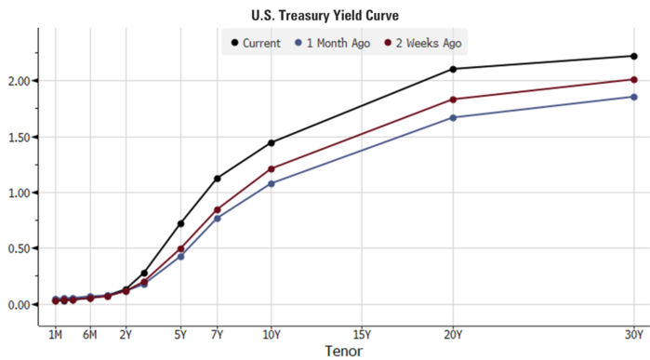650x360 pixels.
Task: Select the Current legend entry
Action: [260, 43]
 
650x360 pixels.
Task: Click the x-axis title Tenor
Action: [343, 351]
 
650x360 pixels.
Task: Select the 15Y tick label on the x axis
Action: [363, 333]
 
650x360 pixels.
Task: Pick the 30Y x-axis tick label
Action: [634, 333]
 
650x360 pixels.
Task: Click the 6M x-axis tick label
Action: [90, 333]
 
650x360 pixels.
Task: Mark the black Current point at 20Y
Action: [453, 69]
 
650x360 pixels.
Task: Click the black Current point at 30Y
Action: [633, 57]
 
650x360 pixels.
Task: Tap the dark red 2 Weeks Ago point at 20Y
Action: [453, 100]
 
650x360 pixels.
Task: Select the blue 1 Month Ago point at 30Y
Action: [633, 97]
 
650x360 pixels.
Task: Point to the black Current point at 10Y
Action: [272, 143]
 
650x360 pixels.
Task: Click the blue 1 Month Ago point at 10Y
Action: [272, 184]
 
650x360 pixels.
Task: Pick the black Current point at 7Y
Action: [218, 179]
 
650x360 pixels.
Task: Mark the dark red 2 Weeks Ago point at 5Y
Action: [181, 249]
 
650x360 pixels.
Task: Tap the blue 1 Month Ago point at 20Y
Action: [453, 117]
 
